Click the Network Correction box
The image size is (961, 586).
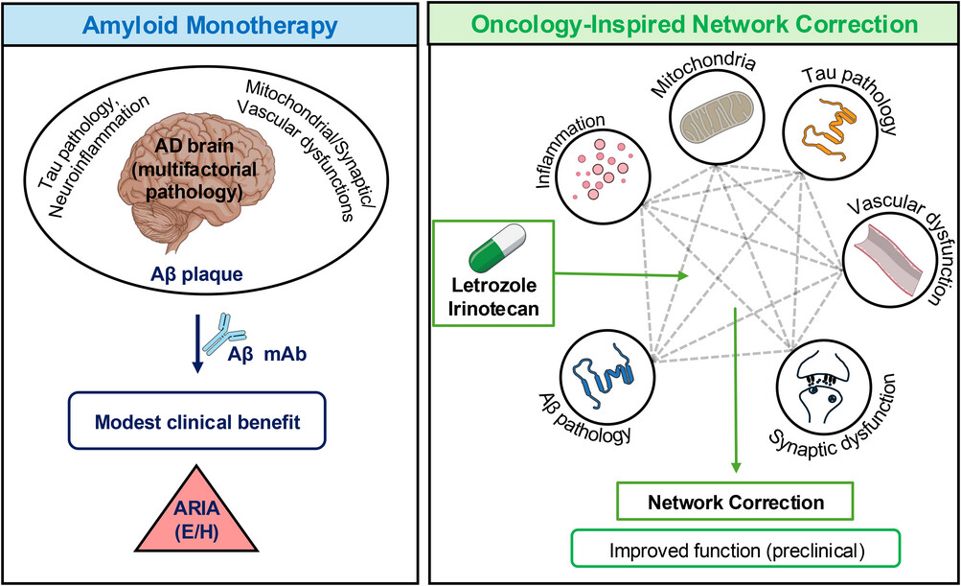coord(735,503)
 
